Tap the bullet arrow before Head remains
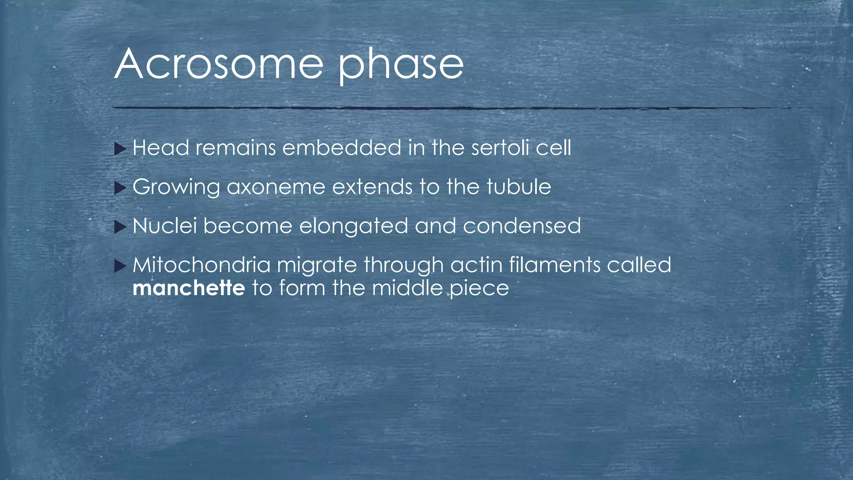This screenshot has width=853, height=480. coord(120,149)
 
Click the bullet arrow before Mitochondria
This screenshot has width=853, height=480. coord(120,265)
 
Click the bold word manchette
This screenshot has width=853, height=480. coord(189,288)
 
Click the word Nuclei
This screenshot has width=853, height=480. coord(165,226)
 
